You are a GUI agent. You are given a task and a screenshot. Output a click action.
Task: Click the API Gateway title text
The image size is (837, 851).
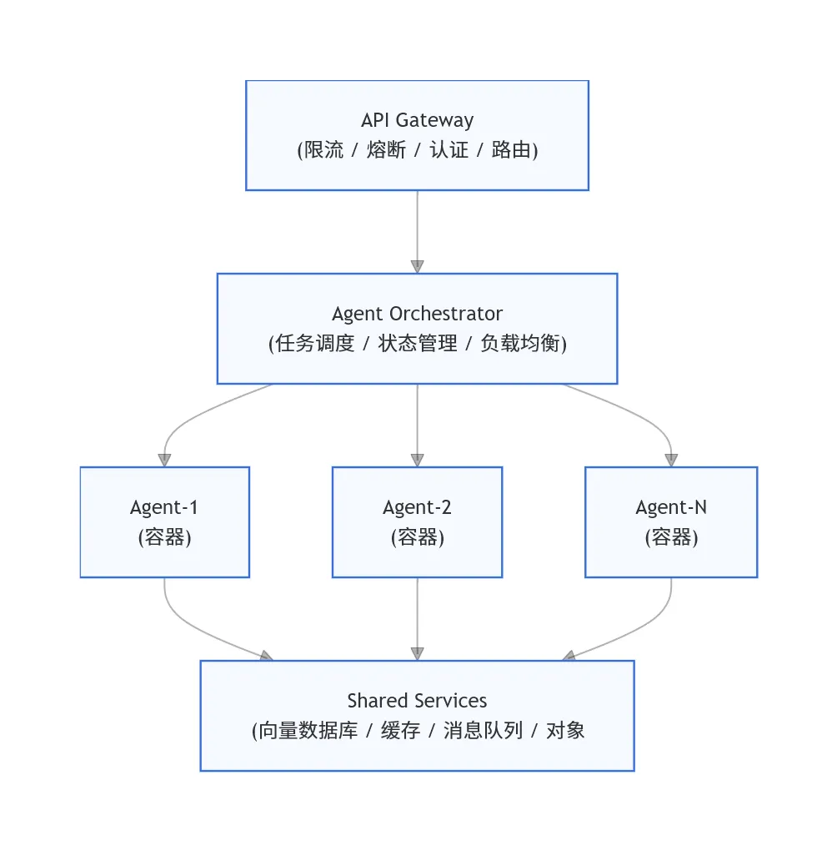point(417,120)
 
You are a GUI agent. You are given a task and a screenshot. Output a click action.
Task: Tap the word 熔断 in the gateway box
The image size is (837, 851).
point(386,150)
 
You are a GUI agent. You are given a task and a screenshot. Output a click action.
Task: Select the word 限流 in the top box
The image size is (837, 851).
point(323,150)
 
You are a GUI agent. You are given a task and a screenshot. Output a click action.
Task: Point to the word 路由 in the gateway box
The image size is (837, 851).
point(511,150)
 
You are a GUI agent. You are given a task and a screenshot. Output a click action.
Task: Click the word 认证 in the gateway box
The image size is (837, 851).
point(449,150)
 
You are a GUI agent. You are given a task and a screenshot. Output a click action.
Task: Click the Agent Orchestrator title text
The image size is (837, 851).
point(417,314)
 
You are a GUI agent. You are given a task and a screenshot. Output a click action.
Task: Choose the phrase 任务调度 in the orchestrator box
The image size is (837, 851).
point(314,344)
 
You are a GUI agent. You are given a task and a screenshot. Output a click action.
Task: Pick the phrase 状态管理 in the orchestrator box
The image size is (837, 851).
point(418,344)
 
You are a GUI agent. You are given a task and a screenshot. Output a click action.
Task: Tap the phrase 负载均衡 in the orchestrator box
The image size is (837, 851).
point(520,344)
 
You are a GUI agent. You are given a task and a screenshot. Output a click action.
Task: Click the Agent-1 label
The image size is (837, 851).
point(164,507)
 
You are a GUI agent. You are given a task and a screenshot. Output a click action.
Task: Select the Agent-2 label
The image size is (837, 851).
point(417,507)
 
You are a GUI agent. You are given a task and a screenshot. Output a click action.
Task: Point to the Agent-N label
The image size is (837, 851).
point(671,507)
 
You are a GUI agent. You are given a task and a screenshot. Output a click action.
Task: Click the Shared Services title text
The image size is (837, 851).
point(417,701)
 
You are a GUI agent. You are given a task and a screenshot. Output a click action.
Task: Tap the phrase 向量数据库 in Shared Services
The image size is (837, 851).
point(308,731)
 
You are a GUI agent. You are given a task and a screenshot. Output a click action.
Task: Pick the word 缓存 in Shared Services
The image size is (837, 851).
point(400,731)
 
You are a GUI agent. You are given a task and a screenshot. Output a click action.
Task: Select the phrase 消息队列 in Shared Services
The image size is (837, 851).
point(483,731)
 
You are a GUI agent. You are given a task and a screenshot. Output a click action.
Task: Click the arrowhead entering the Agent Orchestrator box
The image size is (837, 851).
point(417,266)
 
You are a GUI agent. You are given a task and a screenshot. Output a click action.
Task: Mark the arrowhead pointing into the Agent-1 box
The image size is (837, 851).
point(164,461)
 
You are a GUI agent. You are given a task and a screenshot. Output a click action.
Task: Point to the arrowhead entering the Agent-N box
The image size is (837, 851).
point(671,461)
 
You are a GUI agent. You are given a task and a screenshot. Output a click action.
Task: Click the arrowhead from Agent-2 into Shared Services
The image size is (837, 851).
point(417,653)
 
